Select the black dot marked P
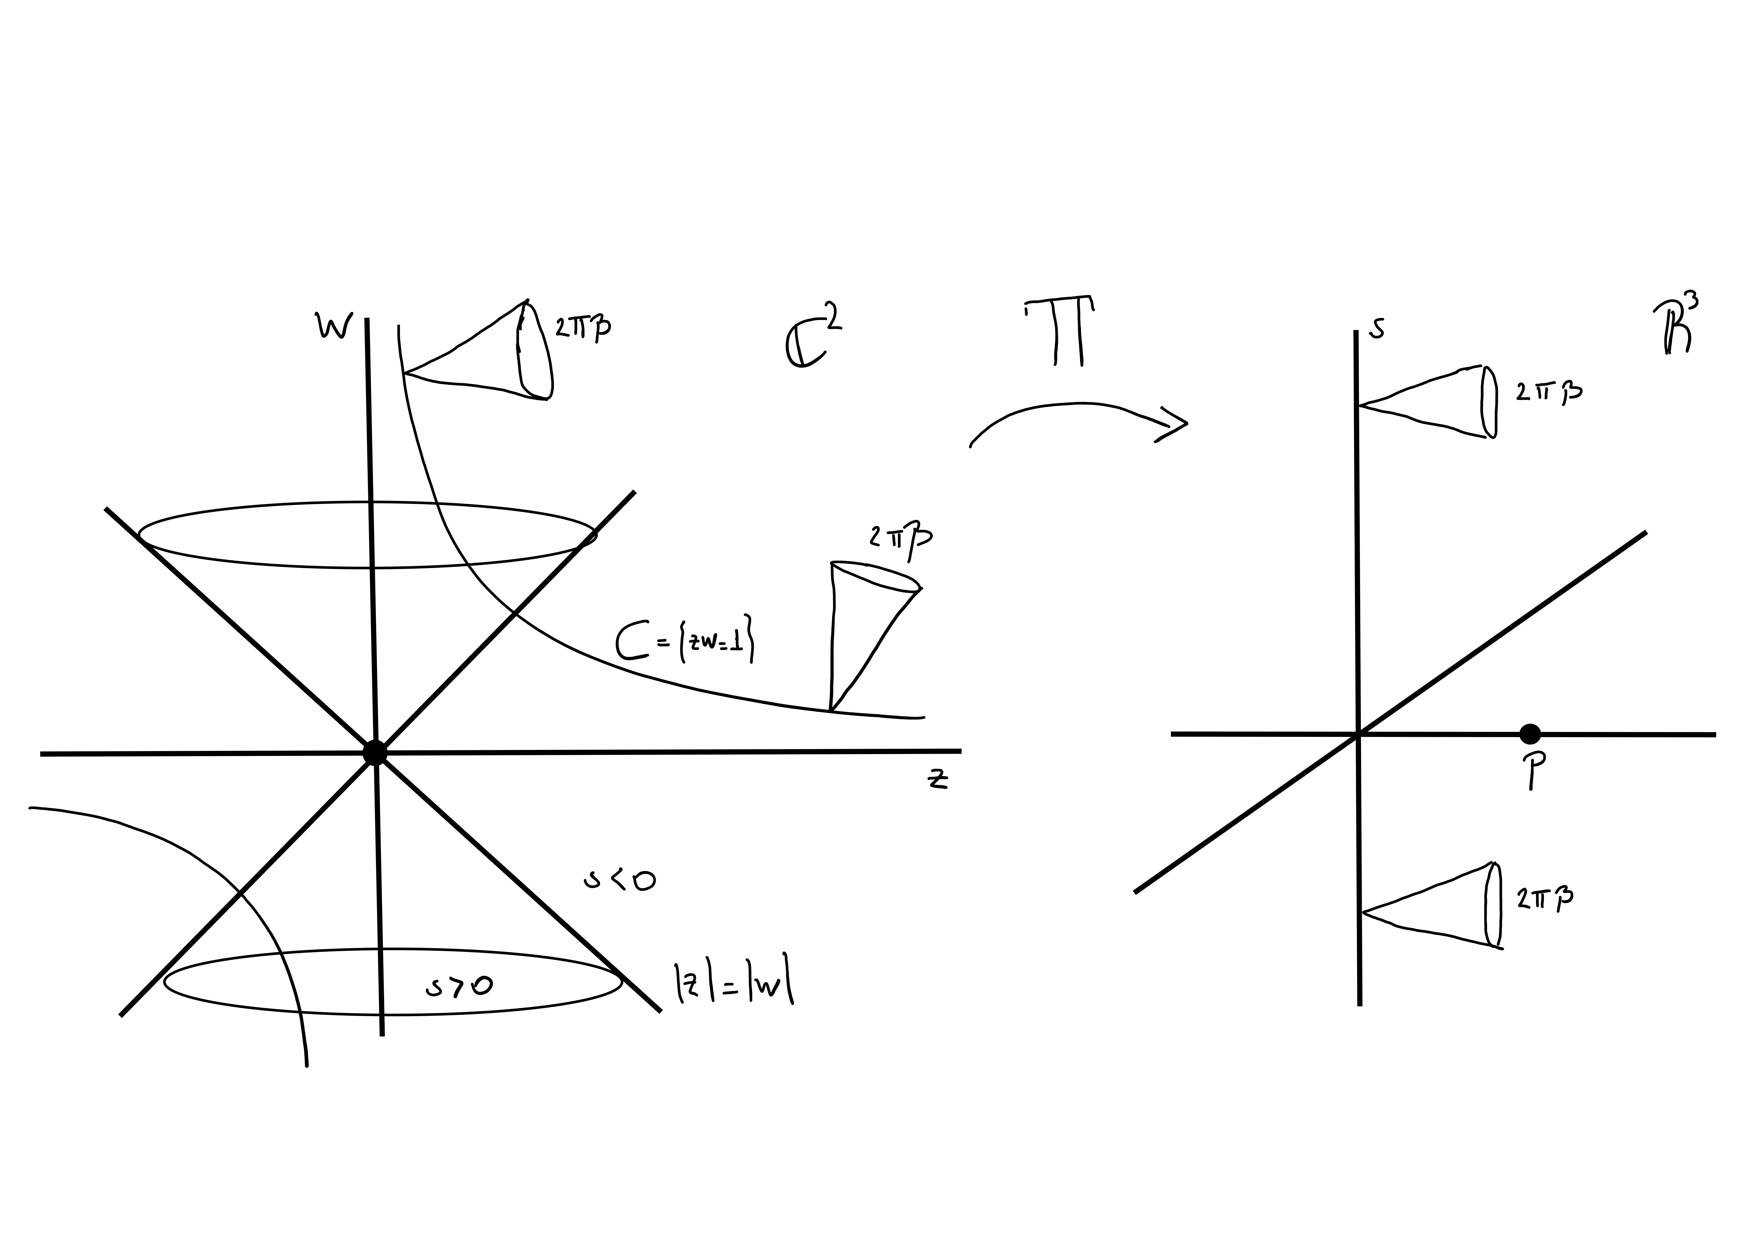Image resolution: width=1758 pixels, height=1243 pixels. pyautogui.click(x=1529, y=734)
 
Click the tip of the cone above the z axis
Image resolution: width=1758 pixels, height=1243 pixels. pyautogui.click(x=831, y=710)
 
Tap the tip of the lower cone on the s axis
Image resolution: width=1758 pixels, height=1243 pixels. pyautogui.click(x=1363, y=912)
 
